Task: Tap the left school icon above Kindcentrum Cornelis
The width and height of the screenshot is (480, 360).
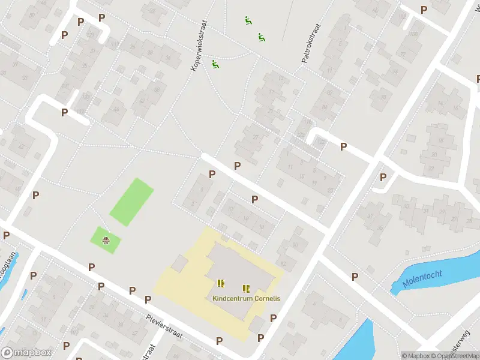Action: [x=221, y=283]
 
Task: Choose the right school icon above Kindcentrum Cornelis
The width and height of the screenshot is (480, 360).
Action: [x=246, y=288]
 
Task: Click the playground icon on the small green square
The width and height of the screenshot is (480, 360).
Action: [x=106, y=241]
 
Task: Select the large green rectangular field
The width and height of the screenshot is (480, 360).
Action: [x=131, y=202]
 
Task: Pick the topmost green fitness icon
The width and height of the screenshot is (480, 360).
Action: [x=247, y=20]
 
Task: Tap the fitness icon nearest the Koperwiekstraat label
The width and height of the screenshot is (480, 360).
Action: [x=215, y=64]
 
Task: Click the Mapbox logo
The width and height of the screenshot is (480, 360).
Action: [x=26, y=353]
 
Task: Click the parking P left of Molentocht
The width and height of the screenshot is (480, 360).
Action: [x=355, y=277]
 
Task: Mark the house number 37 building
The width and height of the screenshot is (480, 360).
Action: [x=84, y=50]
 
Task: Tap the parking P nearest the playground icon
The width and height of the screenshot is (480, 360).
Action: [x=91, y=267]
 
